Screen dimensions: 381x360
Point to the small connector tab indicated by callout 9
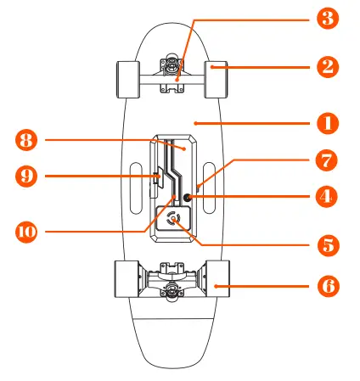pos(157,177)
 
